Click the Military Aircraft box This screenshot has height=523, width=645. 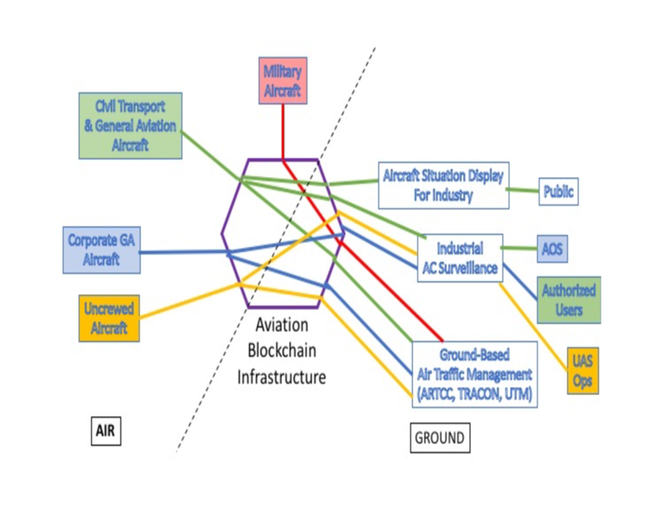[x=282, y=81]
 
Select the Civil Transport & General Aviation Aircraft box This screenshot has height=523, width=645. [x=130, y=126]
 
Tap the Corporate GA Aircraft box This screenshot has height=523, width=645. [x=101, y=250]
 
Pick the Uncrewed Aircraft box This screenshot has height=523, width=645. [x=109, y=318]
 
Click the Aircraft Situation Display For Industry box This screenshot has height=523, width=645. [x=443, y=185]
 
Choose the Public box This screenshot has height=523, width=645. [x=558, y=192]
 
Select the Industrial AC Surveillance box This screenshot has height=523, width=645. [x=460, y=258]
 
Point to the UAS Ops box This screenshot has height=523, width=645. [x=582, y=371]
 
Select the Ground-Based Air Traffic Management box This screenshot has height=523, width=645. [x=475, y=373]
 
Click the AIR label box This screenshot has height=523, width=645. [x=105, y=431]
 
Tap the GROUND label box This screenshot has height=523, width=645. [x=440, y=438]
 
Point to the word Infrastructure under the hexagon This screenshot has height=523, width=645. [x=282, y=377]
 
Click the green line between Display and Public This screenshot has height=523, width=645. [x=524, y=190]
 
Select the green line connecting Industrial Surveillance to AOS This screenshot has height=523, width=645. [x=520, y=248]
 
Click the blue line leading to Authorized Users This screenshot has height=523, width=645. [x=521, y=281]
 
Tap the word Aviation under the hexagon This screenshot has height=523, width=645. [x=282, y=325]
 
